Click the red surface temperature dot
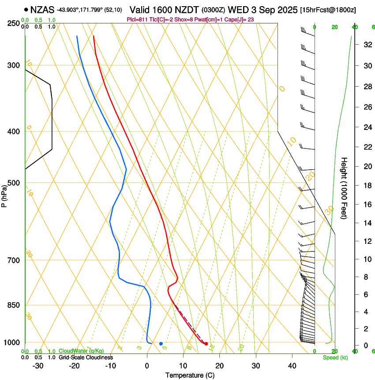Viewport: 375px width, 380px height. pos(206,343)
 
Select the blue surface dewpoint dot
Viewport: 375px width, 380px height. pos(161,343)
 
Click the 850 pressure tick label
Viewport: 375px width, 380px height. pos(14,305)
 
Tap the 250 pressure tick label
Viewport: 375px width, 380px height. pos(14,23)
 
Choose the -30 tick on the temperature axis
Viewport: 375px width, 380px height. pos(38,365)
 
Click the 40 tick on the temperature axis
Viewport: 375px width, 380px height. pos(292,365)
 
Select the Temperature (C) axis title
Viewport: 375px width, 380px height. pos(190,375)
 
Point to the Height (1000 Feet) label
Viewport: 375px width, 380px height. pos(344,188)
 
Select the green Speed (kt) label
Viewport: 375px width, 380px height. pos(335,357)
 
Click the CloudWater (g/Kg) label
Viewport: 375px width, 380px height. pos(82,351)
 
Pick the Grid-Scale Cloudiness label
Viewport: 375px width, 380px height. pos(86,357)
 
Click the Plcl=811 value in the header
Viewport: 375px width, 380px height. pos(137,19)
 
